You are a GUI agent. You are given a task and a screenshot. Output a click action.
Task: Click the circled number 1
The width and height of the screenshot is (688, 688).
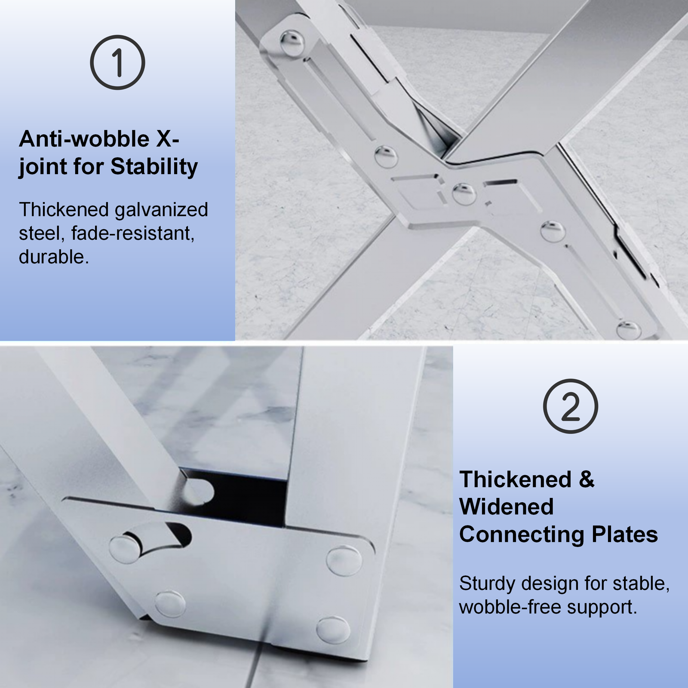click(x=117, y=62)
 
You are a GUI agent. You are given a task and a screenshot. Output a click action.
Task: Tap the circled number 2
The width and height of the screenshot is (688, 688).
click(x=570, y=406)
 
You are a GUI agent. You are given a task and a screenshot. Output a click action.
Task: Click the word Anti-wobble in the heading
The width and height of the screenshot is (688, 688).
click(x=84, y=139)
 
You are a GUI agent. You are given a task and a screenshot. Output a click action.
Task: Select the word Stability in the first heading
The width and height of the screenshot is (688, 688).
click(x=154, y=166)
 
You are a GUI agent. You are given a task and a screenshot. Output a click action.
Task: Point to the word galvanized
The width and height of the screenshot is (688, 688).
click(x=161, y=210)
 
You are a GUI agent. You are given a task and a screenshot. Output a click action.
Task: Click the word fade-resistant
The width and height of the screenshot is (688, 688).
click(x=133, y=233)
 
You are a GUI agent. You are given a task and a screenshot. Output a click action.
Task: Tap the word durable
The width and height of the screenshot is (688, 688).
click(x=54, y=257)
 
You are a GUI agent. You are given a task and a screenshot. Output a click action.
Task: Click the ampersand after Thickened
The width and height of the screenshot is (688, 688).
click(x=587, y=479)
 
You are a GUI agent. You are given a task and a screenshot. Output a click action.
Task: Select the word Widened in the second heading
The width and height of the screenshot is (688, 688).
click(x=507, y=507)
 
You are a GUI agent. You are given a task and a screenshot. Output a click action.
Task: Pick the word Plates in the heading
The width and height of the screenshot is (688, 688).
click(x=625, y=534)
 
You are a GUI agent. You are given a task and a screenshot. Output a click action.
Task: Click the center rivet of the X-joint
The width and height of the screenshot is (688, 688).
click(x=464, y=193)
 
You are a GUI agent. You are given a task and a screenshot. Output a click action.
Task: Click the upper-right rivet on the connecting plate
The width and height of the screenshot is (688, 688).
click(x=344, y=561)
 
